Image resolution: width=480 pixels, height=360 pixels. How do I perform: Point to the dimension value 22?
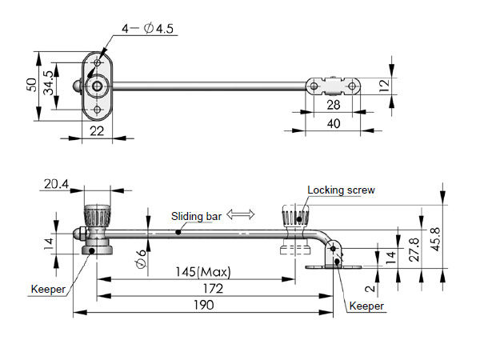tap(97, 131)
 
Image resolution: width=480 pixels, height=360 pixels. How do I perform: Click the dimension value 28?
tap(334, 106)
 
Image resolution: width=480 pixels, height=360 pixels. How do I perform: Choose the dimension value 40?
tap(333, 122)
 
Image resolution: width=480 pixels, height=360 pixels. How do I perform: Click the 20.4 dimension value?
tap(57, 185)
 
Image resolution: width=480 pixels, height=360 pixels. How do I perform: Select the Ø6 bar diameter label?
tap(141, 258)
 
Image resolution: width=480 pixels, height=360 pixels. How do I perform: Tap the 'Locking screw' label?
tap(341, 190)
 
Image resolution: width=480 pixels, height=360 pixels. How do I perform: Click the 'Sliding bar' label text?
tap(196, 217)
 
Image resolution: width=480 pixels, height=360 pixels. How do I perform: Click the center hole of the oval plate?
tap(97, 86)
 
